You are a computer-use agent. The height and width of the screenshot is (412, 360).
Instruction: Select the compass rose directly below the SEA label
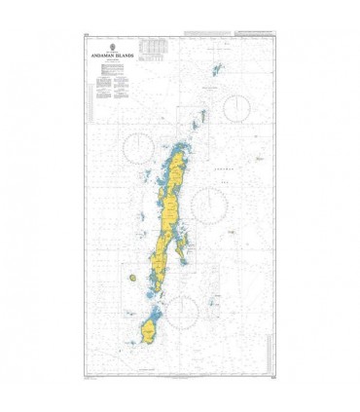coord(210,205)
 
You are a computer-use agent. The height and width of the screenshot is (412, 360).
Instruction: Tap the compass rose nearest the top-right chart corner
coord(237,106)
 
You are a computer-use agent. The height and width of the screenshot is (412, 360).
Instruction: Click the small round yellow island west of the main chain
coord(131,278)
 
